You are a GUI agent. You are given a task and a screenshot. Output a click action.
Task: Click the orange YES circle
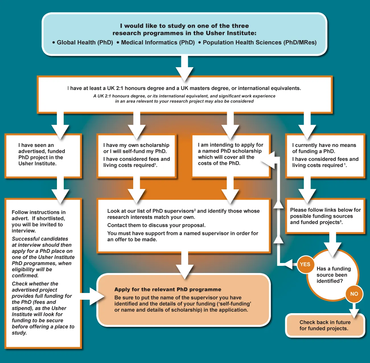pos(305,264)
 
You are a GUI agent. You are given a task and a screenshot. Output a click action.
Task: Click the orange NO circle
pos(354,294)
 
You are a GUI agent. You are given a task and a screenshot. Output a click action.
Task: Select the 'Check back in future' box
pos(325,325)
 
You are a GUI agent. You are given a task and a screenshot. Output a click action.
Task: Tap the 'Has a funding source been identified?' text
pos(333,275)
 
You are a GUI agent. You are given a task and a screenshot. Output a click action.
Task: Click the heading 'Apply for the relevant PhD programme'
pos(168,290)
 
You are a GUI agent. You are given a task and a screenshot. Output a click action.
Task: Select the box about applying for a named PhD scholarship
pos(231,155)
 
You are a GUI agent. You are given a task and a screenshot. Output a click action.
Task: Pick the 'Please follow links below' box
pos(325,216)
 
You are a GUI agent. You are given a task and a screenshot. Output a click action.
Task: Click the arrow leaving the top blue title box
pos(184,68)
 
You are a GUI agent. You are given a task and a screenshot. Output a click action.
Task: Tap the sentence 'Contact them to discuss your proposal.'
pos(156,225)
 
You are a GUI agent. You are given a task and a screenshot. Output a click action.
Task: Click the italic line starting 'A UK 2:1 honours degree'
pos(184,96)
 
